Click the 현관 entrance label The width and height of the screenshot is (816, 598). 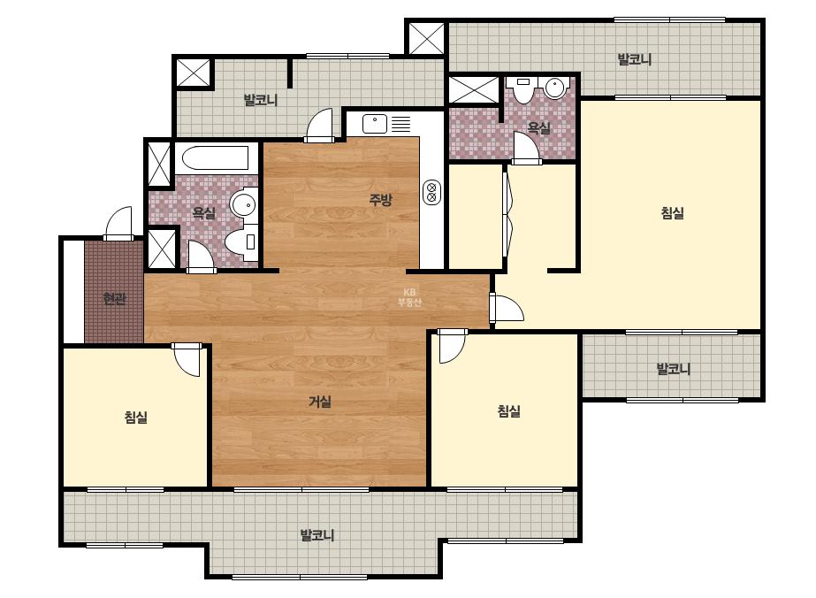coord(115,298)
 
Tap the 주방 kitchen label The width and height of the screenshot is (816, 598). coord(380,200)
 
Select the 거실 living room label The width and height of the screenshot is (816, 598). coord(320,402)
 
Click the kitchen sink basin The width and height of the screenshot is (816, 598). coord(375,124)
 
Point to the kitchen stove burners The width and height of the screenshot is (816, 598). coord(432,192)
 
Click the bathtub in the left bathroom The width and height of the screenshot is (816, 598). coord(215,157)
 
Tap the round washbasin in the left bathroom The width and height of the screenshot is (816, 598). coord(243,205)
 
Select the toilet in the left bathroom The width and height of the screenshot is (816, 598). coord(242,242)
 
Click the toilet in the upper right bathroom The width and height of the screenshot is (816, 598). coord(522,88)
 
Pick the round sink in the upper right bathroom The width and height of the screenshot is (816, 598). coord(555,88)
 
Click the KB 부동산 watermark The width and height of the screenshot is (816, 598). coord(409,297)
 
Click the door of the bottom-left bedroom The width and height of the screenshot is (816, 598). coord(187,359)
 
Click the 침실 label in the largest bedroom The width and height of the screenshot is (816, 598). coord(673,212)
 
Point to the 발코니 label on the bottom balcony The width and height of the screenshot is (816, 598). coord(316,535)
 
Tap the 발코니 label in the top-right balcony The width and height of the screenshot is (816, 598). coord(635,59)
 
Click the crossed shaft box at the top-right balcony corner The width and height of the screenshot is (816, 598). coord(426,38)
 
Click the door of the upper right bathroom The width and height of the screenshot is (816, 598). coord(526,148)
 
